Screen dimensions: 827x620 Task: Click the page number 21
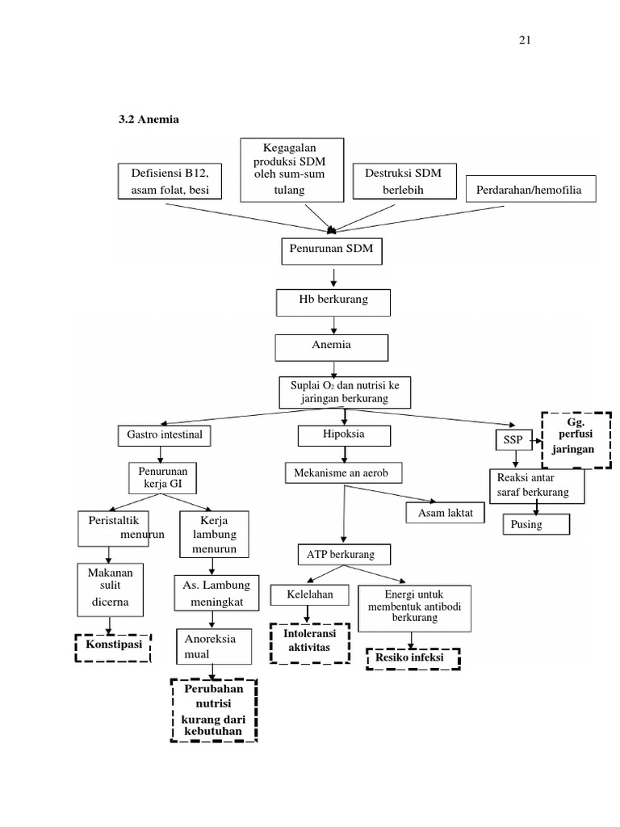tap(524, 41)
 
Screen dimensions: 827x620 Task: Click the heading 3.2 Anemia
tap(149, 120)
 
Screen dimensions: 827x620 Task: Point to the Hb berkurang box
tap(333, 301)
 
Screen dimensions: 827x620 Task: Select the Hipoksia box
tap(344, 435)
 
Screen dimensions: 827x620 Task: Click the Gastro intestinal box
tap(165, 435)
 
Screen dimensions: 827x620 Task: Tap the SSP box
tap(512, 440)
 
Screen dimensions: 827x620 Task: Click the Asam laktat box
tap(445, 513)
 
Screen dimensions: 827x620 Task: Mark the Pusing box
tap(536, 525)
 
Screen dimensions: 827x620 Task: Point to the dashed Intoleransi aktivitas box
tap(310, 643)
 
